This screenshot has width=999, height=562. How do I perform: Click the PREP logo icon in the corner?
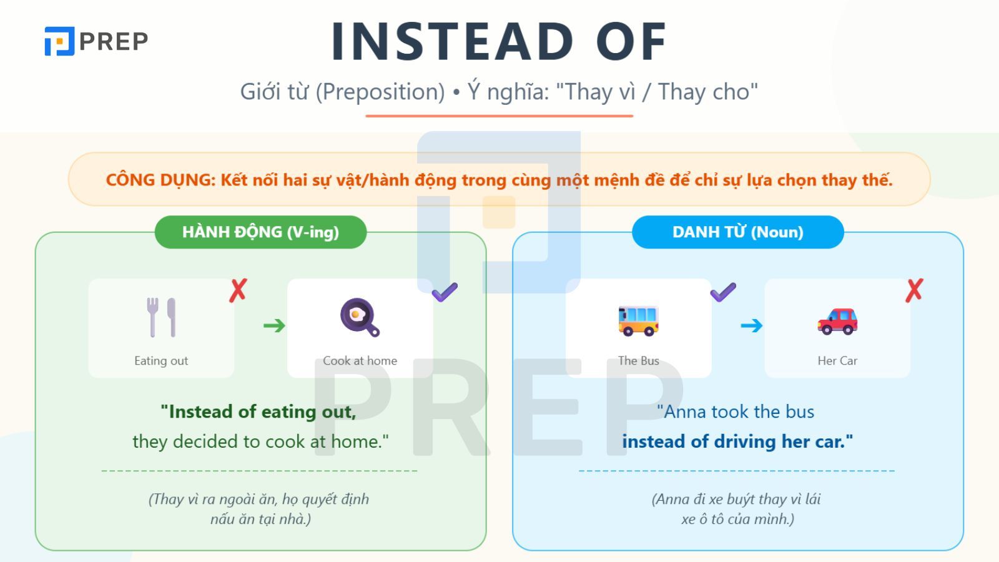point(59,41)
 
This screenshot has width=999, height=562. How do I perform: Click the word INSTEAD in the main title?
point(452,41)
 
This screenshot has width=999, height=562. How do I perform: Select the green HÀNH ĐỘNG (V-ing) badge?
point(260,232)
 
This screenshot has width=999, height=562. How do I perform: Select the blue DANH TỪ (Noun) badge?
point(737,232)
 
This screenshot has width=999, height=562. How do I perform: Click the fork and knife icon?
point(161,317)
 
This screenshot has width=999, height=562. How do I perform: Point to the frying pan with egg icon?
point(360,317)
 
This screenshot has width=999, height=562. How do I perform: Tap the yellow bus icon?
point(638,321)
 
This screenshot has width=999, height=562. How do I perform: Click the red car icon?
point(837,321)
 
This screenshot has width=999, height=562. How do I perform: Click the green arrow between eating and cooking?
point(274,325)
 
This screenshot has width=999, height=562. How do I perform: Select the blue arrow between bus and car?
point(752,325)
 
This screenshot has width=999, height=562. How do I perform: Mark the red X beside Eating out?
point(238,291)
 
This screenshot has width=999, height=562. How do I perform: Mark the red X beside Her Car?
point(914,291)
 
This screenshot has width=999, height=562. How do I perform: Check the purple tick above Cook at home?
point(445,292)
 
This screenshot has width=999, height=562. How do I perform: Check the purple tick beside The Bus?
point(723,292)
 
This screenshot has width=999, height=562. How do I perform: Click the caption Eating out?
point(161,360)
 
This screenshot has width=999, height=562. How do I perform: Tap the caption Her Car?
point(837,360)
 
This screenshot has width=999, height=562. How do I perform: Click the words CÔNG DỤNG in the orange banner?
point(160,180)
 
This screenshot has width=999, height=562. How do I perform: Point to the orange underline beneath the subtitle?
point(499,116)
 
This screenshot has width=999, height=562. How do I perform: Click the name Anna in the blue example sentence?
point(684,412)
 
